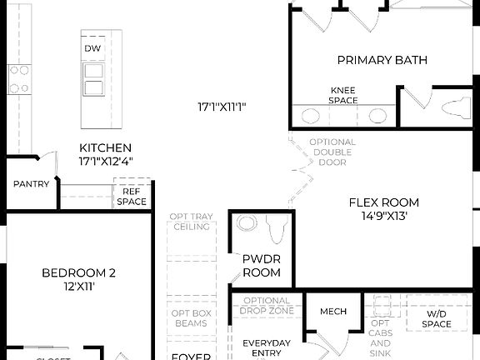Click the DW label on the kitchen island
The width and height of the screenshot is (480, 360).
click(92, 49)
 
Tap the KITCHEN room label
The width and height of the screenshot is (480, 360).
click(105, 147)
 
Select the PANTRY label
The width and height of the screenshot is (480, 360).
click(30, 184)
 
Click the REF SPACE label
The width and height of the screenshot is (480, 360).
click(131, 197)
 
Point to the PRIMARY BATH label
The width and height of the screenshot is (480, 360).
click(382, 60)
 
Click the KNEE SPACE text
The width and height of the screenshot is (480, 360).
click(343, 95)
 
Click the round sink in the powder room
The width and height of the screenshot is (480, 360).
click(247, 224)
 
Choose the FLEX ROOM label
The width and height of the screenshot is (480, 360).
click(383, 202)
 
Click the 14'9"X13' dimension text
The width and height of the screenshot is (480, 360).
click(383, 216)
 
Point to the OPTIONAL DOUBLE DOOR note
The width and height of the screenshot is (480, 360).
click(332, 152)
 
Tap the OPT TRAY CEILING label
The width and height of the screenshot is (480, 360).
click(190, 222)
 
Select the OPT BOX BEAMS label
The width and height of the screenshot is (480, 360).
click(190, 317)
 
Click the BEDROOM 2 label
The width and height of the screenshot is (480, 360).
click(78, 272)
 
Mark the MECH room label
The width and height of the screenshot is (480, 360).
click(333, 312)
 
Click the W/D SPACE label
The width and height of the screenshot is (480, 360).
click(437, 319)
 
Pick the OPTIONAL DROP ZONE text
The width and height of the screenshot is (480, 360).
click(267, 306)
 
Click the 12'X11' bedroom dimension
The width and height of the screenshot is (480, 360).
click(78, 286)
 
